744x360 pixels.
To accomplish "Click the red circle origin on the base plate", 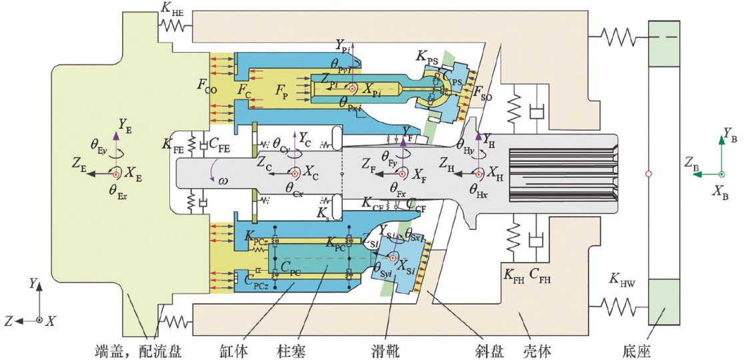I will [648, 175].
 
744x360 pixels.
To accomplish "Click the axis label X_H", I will [495, 173].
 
